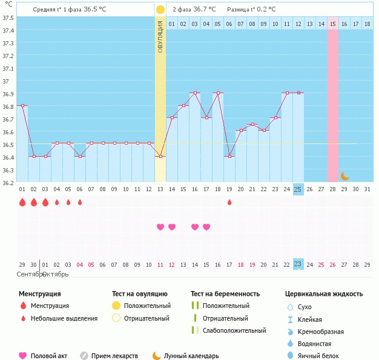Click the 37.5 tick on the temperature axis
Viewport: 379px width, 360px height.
point(8,18)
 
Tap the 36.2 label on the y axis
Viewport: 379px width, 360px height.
point(8,183)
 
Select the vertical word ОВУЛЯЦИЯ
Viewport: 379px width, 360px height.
point(160,36)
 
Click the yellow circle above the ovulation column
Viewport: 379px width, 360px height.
point(160,10)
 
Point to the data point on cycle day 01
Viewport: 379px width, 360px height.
point(22,105)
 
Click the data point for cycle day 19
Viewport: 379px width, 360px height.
point(229,156)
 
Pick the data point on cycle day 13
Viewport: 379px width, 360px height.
point(160,156)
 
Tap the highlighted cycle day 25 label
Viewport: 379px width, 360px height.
point(298,189)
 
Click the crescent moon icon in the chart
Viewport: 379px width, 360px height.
point(344,176)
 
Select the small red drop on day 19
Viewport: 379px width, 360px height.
point(229,202)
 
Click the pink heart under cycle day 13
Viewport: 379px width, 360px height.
point(160,227)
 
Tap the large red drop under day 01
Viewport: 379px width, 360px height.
point(22,202)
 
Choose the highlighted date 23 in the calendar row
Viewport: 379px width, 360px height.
point(298,264)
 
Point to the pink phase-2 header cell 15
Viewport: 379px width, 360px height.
point(332,24)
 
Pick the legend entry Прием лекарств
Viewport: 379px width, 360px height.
point(114,356)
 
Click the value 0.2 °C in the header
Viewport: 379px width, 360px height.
point(267,10)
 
